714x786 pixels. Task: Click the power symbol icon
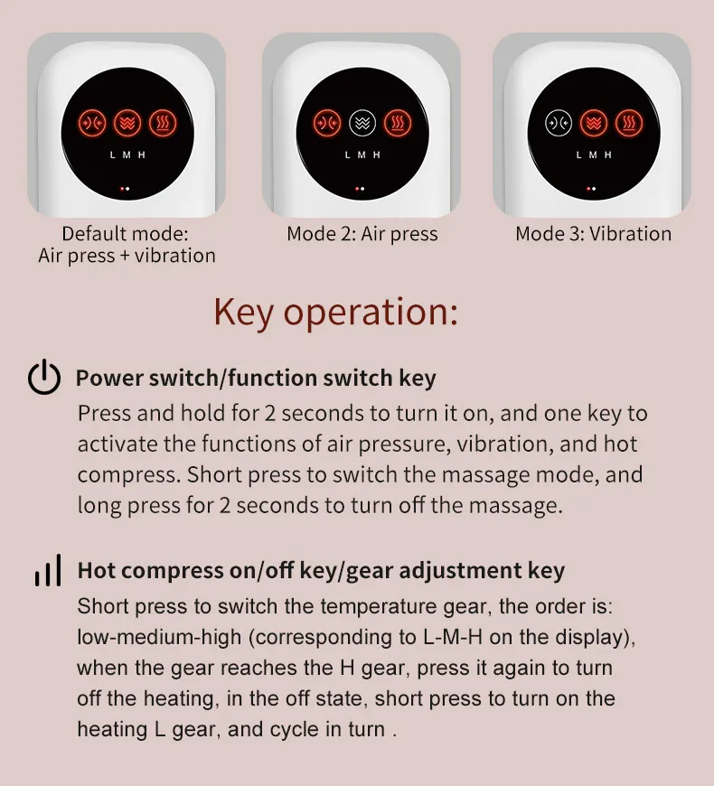click(x=44, y=378)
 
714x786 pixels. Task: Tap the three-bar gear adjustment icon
click(x=47, y=571)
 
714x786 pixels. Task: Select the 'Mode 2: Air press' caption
click(x=362, y=234)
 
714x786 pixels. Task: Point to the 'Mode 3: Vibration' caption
click(x=593, y=234)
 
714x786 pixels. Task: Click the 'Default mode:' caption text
click(x=127, y=234)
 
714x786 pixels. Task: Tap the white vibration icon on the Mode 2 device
click(x=362, y=122)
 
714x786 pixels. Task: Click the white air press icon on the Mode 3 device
click(x=559, y=122)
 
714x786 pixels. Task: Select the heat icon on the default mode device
click(x=162, y=122)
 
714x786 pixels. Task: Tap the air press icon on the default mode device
click(x=91, y=122)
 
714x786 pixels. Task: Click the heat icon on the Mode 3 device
click(x=629, y=122)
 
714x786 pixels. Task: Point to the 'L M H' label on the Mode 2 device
click(x=362, y=154)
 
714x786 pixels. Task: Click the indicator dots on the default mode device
click(x=126, y=190)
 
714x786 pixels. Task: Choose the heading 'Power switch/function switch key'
click(x=256, y=378)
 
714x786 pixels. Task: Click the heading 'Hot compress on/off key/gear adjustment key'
click(x=321, y=571)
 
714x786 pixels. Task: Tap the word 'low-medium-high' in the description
click(x=159, y=637)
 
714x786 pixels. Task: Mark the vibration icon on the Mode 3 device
click(x=594, y=122)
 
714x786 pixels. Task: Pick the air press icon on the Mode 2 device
click(x=326, y=122)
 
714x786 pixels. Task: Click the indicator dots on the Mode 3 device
click(x=592, y=190)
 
